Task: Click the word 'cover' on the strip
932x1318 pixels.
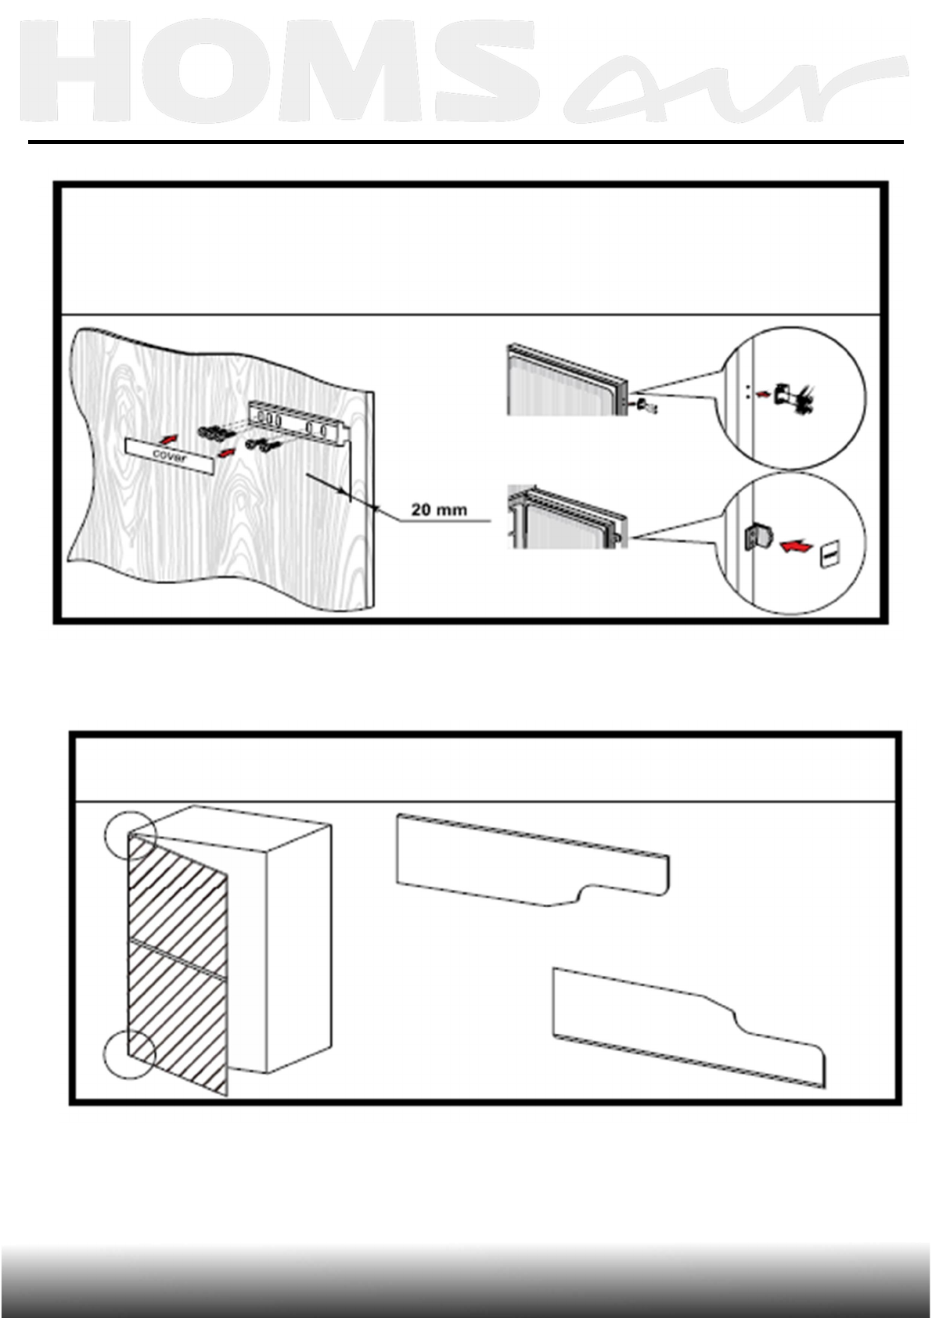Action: click(x=169, y=456)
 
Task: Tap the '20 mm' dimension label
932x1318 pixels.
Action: click(x=439, y=510)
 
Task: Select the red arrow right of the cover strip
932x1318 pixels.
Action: click(x=225, y=453)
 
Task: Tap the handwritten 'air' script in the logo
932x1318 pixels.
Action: click(x=736, y=90)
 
